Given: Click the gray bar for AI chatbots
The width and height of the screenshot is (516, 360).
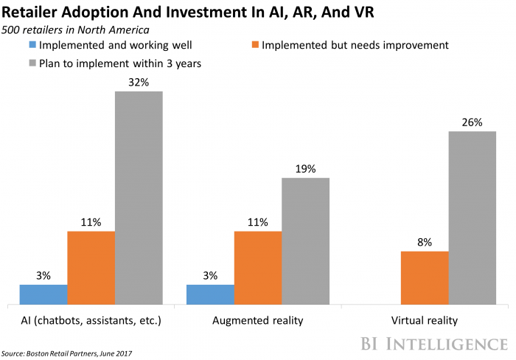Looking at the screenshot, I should [x=139, y=198].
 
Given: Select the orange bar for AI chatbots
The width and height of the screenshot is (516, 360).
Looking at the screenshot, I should [x=91, y=268].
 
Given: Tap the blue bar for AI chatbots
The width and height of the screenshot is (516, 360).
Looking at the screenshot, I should [x=43, y=294].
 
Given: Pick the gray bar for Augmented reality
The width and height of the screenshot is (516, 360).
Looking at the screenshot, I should [x=305, y=241].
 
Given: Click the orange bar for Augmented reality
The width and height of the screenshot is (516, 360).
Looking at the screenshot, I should [x=258, y=268].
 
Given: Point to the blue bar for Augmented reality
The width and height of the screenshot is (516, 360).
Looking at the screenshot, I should [x=210, y=294].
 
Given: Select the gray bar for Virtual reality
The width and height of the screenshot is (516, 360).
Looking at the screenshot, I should [x=472, y=218].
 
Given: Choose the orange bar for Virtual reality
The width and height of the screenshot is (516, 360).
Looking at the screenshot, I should [x=425, y=277].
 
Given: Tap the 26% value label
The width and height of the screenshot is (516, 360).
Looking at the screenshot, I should [x=472, y=122].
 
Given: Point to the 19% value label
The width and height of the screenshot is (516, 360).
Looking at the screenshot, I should [x=305, y=169].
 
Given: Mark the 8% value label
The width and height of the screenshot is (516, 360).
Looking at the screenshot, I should [x=425, y=242].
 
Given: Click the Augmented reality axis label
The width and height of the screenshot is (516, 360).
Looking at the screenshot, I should [x=257, y=321].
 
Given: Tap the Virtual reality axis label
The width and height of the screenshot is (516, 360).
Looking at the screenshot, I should [x=425, y=321].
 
